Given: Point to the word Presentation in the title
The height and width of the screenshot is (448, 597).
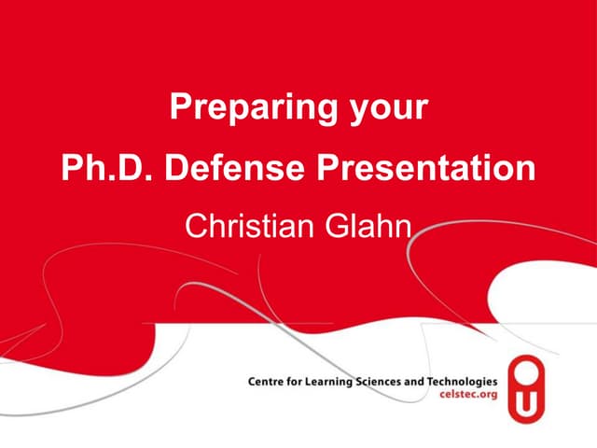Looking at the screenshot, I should click(428, 168).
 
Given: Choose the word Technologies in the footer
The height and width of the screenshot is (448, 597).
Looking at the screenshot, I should click(464, 383).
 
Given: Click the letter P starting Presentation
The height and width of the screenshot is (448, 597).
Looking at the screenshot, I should click(327, 168).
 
